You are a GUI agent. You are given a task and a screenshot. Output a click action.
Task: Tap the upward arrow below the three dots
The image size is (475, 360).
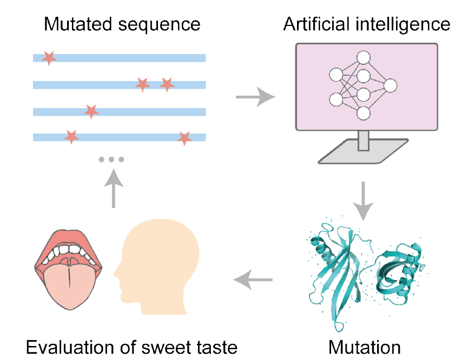pyautogui.click(x=114, y=189)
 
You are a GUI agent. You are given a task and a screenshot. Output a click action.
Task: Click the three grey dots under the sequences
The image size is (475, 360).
pyautogui.click(x=111, y=159)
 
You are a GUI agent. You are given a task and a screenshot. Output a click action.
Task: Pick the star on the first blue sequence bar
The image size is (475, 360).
pyautogui.click(x=49, y=57)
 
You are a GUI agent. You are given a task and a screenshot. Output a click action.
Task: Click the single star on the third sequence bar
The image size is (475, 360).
pyautogui.click(x=91, y=111)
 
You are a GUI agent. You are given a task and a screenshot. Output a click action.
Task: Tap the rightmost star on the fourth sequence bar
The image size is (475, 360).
pyautogui.click(x=184, y=138)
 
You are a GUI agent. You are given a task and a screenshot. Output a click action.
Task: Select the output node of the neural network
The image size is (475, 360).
pyautogui.click(x=390, y=85)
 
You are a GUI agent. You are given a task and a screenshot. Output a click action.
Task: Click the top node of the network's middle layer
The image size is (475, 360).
pyautogui.click(x=363, y=57)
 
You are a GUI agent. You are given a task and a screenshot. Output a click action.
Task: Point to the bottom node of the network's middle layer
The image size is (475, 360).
pyautogui.click(x=363, y=113)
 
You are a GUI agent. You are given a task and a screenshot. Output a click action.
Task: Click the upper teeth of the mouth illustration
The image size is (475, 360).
pyautogui.click(x=69, y=250)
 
